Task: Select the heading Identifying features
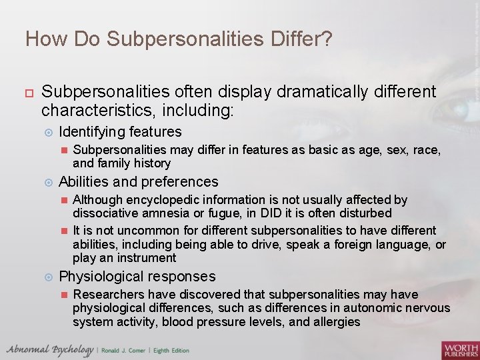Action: (x=120, y=132)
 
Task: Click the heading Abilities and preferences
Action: (x=138, y=181)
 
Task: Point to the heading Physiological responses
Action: (x=137, y=276)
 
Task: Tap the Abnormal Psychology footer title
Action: (x=49, y=350)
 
